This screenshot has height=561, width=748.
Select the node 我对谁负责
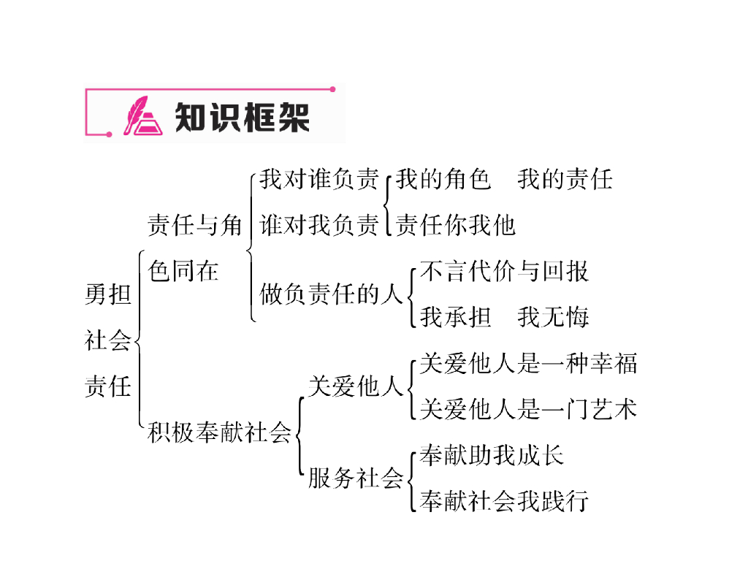(x=320, y=179)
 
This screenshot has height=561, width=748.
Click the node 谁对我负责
(x=320, y=225)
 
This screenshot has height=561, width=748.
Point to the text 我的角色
(x=443, y=179)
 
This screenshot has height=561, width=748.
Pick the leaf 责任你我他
(x=456, y=225)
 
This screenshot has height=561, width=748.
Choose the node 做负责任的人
(x=332, y=294)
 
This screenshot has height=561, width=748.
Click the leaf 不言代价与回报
(x=504, y=271)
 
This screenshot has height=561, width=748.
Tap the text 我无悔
(x=553, y=317)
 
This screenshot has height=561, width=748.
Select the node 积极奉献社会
(x=219, y=432)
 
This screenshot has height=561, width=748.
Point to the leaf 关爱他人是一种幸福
(x=528, y=363)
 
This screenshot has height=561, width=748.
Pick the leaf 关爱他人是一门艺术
(x=528, y=409)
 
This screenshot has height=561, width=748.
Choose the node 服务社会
(x=355, y=478)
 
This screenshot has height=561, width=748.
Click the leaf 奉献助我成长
(x=492, y=455)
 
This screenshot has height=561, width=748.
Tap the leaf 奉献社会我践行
(x=504, y=501)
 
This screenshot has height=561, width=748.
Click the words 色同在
(x=183, y=271)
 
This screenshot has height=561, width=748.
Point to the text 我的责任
(x=565, y=179)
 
